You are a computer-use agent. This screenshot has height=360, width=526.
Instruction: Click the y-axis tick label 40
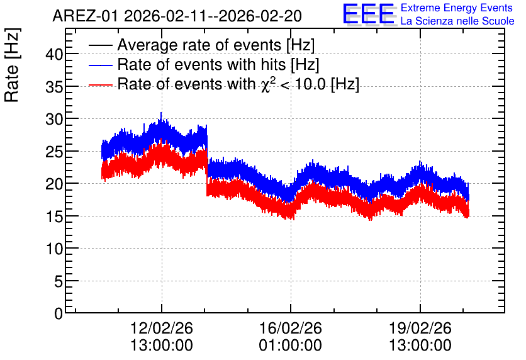[54, 54]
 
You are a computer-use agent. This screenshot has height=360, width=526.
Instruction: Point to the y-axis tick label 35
[54, 87]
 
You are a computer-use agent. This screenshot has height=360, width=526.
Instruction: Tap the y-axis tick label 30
[54, 119]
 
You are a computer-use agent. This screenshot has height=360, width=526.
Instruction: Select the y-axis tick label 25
[54, 152]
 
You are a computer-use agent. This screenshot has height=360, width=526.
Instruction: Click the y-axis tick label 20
[54, 184]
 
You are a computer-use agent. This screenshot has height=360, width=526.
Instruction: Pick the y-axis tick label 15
[54, 217]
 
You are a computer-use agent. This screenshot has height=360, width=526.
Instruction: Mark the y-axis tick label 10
[54, 249]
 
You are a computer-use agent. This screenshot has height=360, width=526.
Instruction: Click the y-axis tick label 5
[59, 282]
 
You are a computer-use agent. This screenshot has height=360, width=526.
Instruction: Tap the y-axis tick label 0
[59, 314]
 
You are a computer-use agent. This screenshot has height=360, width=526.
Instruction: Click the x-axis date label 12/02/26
[161, 328]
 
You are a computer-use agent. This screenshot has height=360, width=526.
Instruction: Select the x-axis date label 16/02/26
[291, 328]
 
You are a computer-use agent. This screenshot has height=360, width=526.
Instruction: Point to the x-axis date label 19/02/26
[420, 328]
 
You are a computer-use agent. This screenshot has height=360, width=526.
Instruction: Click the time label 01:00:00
[291, 346]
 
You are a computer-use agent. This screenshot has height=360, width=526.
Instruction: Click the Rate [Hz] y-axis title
[12, 65]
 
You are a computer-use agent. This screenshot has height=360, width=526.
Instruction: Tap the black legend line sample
[100, 45]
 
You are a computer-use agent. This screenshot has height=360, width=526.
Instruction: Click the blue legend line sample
[100, 65]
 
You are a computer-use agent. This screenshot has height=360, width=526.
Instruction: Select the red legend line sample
[100, 84]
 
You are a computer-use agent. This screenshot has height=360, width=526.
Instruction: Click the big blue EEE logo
[369, 14]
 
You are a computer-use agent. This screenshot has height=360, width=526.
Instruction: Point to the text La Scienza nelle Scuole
[457, 21]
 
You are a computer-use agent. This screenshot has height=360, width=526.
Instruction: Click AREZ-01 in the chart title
[85, 16]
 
